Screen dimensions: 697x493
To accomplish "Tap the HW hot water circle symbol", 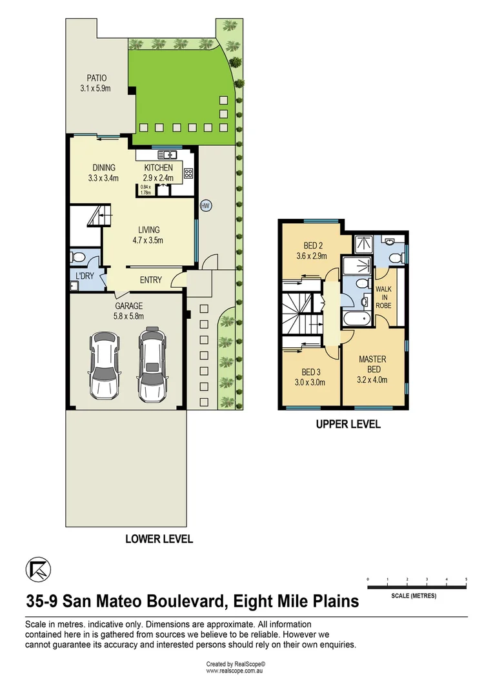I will click(206, 207).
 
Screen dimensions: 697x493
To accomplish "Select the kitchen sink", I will click(168, 154).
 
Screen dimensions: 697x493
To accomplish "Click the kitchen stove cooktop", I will click(189, 173).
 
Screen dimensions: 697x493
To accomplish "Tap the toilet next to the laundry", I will click(77, 257).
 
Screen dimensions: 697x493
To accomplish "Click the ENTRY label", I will click(151, 280).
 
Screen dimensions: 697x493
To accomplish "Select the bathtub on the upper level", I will click(356, 319).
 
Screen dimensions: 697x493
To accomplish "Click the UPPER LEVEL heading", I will click(348, 425).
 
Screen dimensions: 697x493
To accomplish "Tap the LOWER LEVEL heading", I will click(159, 539).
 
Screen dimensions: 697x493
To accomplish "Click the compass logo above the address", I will click(37, 570).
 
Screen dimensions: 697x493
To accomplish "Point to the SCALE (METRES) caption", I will click(414, 596).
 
